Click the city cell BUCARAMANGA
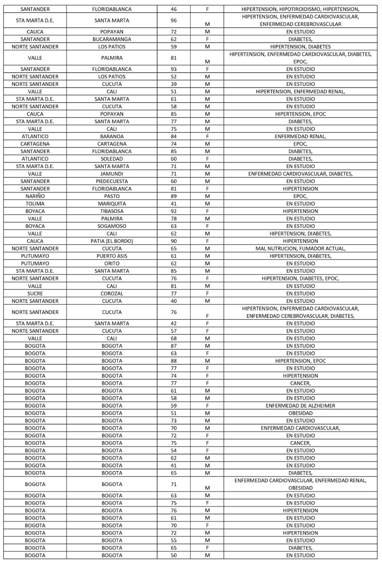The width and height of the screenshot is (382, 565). coord(112,39)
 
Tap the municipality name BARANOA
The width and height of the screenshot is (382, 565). coord(112,136)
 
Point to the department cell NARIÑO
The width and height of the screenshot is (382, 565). coord(35,196)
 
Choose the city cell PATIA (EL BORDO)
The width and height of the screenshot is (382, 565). coord(112,241)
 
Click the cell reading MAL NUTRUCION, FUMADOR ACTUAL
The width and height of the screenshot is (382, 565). coord(300,249)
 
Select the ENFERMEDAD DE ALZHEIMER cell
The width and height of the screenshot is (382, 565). coord(300,406)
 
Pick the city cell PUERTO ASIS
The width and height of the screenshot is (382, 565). coord(112,256)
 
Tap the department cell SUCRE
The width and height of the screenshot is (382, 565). coord(35,294)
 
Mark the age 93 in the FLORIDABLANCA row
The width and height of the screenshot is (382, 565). coord(173,69)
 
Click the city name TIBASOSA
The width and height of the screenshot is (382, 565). coord(112,211)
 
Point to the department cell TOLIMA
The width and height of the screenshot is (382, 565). coord(35,203)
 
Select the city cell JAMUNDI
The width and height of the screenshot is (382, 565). coord(112,174)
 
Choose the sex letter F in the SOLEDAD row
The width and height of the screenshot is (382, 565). coord(207,159)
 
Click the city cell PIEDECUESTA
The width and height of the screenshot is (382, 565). coord(112,181)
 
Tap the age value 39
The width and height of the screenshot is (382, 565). coord(173,84)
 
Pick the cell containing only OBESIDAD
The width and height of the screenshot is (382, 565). coord(300,413)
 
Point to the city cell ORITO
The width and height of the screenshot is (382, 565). coord(112,264)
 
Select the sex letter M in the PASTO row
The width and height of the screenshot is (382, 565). coord(207,196)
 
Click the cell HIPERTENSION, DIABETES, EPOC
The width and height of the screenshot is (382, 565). coord(300,279)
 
